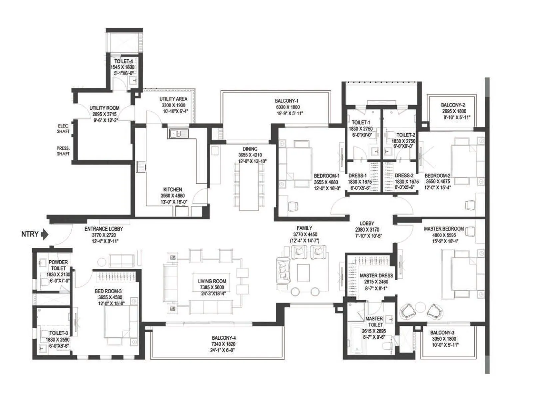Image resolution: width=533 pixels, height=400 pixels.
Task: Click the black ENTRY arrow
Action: (45, 234)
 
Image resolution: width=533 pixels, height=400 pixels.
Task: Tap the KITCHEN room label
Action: (173, 189)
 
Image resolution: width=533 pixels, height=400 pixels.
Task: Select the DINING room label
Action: (250, 149)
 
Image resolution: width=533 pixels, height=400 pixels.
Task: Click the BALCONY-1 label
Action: (287, 101)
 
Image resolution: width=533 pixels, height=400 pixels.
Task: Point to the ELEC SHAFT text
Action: (63, 129)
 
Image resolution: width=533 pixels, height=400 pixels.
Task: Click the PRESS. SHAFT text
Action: (63, 151)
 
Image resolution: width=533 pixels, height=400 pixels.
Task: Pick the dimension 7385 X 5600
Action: (212, 287)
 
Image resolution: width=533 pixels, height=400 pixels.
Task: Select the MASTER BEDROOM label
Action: (444, 229)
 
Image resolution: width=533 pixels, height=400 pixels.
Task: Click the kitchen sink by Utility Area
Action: (178, 134)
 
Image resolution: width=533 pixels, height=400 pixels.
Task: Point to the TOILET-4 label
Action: (124, 61)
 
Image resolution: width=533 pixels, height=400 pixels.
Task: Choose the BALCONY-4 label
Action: (224, 338)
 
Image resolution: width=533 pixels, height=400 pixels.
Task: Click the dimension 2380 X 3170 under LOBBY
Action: (367, 230)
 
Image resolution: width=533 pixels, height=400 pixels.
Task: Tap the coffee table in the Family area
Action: (303, 272)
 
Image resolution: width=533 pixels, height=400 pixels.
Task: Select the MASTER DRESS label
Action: (376, 276)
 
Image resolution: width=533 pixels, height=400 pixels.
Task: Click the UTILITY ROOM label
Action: (104, 108)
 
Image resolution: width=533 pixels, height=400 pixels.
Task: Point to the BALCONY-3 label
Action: (442, 333)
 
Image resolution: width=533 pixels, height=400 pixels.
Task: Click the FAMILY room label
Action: (304, 228)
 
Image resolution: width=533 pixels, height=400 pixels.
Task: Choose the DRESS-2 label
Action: (404, 175)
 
